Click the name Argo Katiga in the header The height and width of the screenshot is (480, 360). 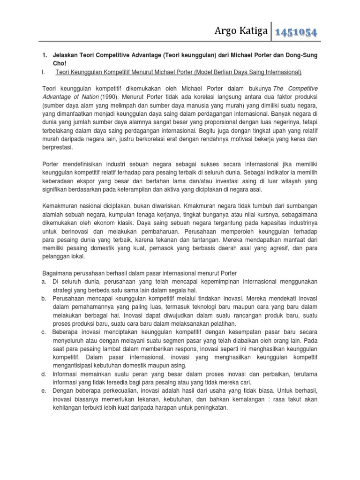239,31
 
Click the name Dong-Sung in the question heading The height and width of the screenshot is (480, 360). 302,55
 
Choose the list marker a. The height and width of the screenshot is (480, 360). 44,281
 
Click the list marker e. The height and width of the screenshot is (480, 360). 44,390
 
